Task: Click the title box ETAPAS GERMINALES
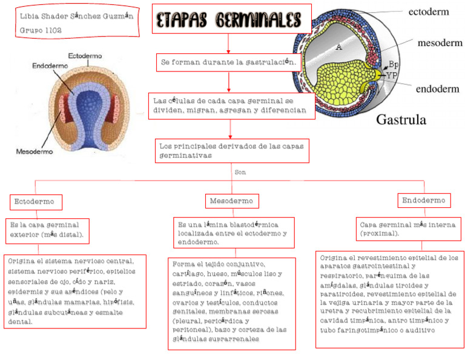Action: tap(229, 19)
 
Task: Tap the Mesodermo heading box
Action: tap(232, 201)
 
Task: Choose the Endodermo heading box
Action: tap(424, 200)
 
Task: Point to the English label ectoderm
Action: tap(429, 11)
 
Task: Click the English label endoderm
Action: tap(437, 88)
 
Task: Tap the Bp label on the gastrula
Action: tap(393, 64)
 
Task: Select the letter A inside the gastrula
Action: tap(339, 47)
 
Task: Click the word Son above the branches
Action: tap(240, 172)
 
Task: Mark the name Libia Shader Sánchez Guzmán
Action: tap(76, 15)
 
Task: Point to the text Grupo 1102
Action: tap(41, 29)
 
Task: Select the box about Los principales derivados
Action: tap(232, 151)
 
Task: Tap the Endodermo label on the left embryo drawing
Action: tap(50, 65)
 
